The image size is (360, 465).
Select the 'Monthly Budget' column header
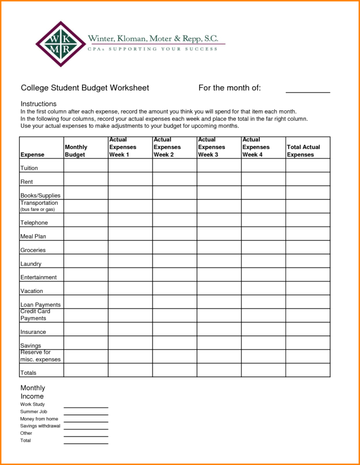coord(76,151)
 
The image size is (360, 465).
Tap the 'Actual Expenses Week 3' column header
coord(211,147)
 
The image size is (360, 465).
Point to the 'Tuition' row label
coord(29,168)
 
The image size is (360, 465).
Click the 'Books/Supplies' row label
coord(40,196)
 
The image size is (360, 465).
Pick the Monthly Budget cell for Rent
coord(86,179)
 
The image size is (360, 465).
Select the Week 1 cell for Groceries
coord(130,247)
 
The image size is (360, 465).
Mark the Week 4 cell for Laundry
coord(263,261)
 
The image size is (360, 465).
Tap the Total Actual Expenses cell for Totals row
coord(308,370)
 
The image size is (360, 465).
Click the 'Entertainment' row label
coord(38,277)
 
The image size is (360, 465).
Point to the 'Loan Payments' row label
coord(40,305)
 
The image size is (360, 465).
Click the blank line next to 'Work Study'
coord(86,406)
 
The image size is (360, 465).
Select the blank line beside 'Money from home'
coord(86,420)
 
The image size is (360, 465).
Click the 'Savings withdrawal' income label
coord(40,426)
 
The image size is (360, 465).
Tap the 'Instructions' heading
coord(38,104)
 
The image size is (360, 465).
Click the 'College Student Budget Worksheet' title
coord(85,88)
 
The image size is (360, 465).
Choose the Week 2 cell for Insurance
coord(174,329)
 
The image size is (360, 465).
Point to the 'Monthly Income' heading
coord(33,392)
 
